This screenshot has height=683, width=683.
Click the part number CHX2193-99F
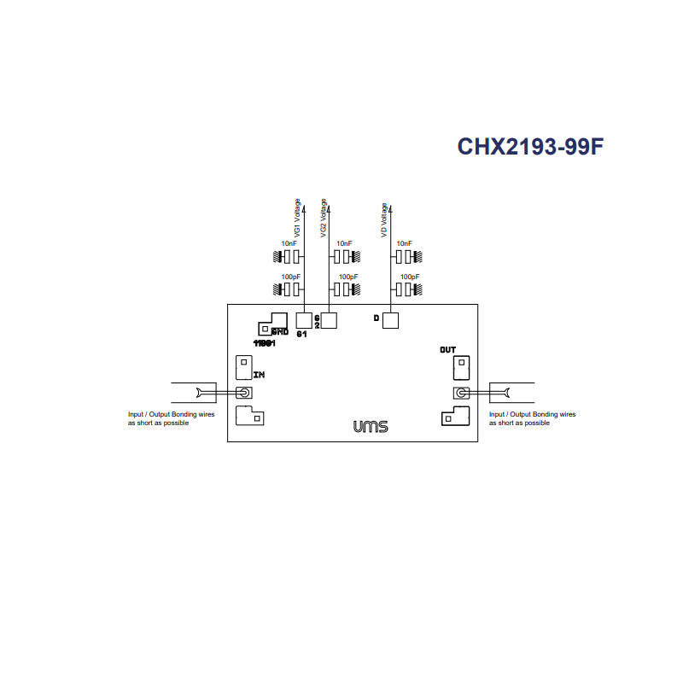coord(530,147)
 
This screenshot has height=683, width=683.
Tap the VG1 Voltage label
coord(297,219)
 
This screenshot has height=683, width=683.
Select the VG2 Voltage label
coord(323,219)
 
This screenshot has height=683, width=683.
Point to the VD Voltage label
coord(385,220)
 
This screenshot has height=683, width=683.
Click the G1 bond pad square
coord(303,320)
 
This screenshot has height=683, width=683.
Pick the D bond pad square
coord(390,321)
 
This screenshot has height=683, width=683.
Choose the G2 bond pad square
coord(329,320)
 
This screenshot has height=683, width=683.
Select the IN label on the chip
coord(260,375)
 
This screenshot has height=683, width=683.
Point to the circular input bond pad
coord(243,393)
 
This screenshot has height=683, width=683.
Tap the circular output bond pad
coord(462,393)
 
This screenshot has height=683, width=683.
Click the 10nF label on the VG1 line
coord(289,244)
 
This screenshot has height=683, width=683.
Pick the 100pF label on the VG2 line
coord(347,277)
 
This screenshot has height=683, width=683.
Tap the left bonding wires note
coord(171,418)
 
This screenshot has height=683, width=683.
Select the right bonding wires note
coord(531,418)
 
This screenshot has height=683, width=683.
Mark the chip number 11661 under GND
coord(263,342)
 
